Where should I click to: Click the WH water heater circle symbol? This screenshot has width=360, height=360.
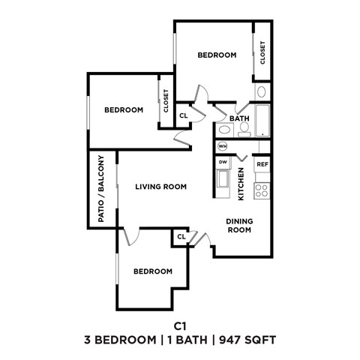pyautogui.click(x=223, y=145)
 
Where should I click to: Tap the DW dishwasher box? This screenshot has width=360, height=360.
pyautogui.click(x=223, y=161)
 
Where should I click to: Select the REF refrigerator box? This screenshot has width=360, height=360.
pyautogui.click(x=262, y=164)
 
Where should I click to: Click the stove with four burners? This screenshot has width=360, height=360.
pyautogui.click(x=262, y=189)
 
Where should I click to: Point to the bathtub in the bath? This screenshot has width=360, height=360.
pyautogui.click(x=263, y=120)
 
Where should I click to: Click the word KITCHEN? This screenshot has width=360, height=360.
pyautogui.click(x=241, y=184)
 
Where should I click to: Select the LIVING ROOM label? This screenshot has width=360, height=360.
pyautogui.click(x=160, y=187)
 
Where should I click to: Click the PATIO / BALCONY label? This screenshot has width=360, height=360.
pyautogui.click(x=100, y=188)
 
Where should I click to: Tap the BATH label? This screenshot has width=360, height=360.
pyautogui.click(x=239, y=118)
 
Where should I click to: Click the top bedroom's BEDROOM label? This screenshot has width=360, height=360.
pyautogui.click(x=217, y=55)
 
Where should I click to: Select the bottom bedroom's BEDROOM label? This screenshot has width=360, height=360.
pyautogui.click(x=153, y=271)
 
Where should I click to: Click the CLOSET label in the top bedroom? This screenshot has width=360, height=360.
pyautogui.click(x=263, y=51)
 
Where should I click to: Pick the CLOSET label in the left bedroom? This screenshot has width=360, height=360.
pyautogui.click(x=166, y=101)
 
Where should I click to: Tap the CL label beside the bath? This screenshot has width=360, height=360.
pyautogui.click(x=183, y=115)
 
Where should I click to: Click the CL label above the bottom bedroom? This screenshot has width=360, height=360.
pyautogui.click(x=181, y=237)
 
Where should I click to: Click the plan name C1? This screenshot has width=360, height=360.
pyautogui.click(x=179, y=325)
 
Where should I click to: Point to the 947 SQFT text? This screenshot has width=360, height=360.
pyautogui.click(x=248, y=340)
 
